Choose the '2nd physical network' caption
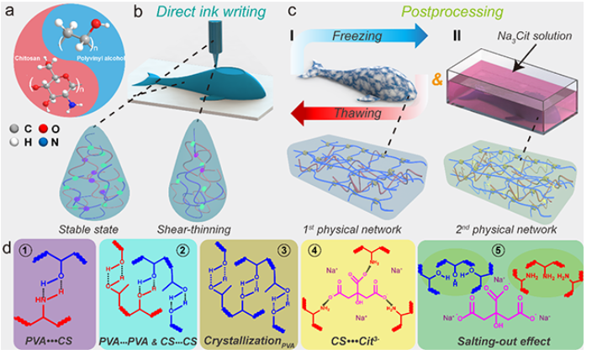512,228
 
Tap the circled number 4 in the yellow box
321,251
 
